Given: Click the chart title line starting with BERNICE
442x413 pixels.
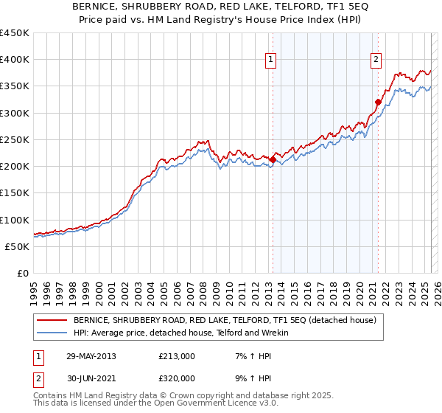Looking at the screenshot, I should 220,7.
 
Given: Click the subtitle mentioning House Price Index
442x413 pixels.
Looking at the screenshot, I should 220,20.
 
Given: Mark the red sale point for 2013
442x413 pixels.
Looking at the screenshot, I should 273,159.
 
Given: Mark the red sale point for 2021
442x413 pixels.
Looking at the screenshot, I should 378,102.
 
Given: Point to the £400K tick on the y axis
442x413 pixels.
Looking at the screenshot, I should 15,60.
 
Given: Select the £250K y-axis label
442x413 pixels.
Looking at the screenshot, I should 15,139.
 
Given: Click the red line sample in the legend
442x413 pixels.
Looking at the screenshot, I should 52,320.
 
